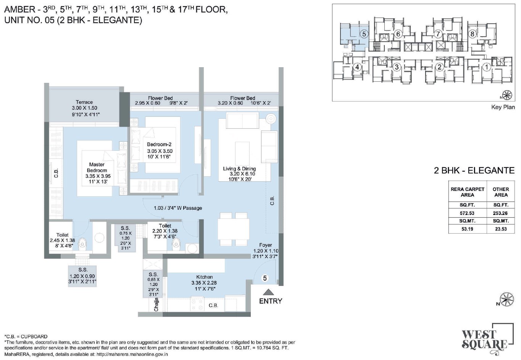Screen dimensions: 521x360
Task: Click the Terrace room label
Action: (x=84, y=102)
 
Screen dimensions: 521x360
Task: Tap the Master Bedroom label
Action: (x=97, y=167)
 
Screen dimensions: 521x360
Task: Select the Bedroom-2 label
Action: (x=159, y=144)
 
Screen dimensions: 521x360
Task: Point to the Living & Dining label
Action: (x=239, y=168)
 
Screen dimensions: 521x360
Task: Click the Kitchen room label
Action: (x=205, y=277)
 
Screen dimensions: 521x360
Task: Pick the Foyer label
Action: (x=266, y=245)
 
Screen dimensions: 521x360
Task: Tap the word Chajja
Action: (x=156, y=304)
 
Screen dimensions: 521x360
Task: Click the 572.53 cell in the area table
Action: (x=467, y=213)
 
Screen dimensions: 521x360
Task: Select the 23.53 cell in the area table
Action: (x=501, y=229)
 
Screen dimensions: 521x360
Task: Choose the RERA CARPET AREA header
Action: (x=468, y=192)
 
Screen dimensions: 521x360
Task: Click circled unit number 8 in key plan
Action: (x=472, y=34)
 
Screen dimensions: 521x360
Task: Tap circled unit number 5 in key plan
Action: (x=364, y=34)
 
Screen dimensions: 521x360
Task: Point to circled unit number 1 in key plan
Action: (x=487, y=67)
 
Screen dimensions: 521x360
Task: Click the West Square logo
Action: (x=487, y=339)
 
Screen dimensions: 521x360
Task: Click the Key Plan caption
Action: (x=503, y=107)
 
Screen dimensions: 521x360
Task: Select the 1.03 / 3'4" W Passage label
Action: (x=178, y=208)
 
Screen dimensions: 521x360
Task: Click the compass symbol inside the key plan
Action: (x=507, y=95)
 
